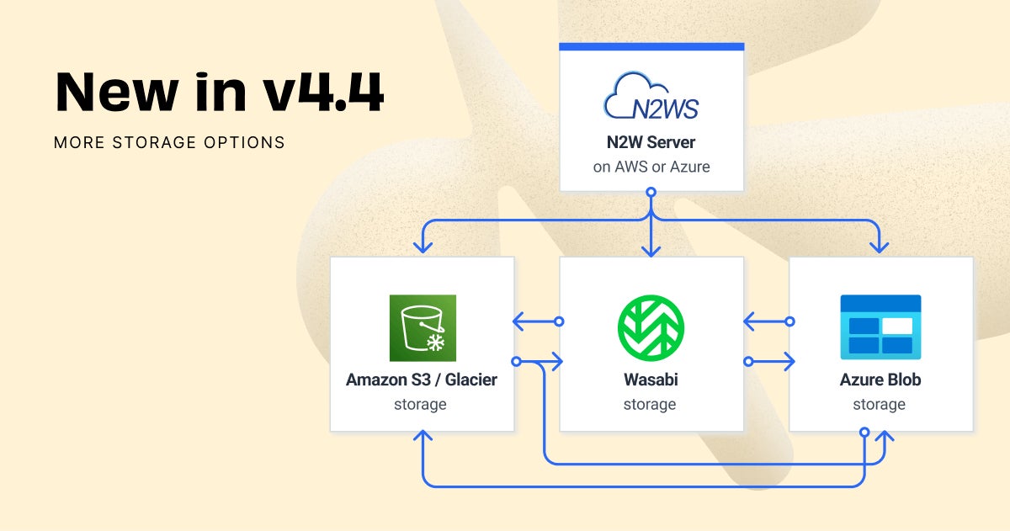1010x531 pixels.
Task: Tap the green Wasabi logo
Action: pos(651,327)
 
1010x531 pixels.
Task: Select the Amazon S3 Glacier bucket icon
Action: pos(423,327)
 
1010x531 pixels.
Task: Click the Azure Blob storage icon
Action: pos(880,325)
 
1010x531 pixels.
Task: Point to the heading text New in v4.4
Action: pos(220,93)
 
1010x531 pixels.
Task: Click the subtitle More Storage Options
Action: pos(169,142)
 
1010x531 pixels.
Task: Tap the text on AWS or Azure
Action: pos(651,167)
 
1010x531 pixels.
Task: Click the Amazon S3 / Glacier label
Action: pos(422,380)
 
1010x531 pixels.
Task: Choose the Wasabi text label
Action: pos(650,380)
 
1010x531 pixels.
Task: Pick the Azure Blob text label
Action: pos(880,380)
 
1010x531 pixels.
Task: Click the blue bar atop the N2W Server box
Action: pos(651,45)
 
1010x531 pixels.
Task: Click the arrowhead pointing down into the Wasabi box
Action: pos(651,249)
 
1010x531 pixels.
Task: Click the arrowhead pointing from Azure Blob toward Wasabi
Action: pos(750,321)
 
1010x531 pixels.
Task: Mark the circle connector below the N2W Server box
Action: pos(651,193)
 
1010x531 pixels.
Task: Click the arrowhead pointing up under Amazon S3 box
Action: pos(423,438)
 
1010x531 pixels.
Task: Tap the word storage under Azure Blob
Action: pos(879,405)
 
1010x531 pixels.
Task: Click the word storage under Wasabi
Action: pos(650,405)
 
